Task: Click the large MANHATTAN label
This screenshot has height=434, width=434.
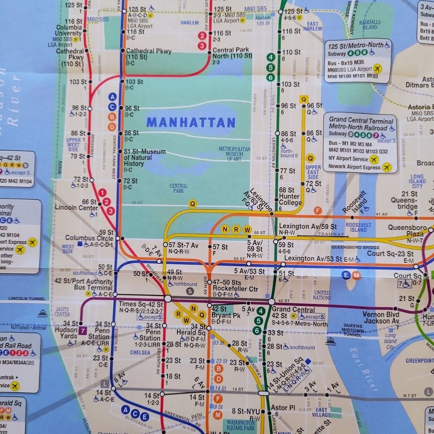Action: pyautogui.click(x=191, y=123)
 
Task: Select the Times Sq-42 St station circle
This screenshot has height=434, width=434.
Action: pyautogui.click(x=168, y=299)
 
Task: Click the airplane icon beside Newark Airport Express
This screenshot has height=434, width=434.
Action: pyautogui.click(x=387, y=168)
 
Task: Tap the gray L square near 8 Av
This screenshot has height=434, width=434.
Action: pyautogui.click(x=105, y=383)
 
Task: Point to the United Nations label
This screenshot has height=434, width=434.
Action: pyautogui.click(x=322, y=295)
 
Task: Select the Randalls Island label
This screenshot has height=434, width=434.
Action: pyautogui.click(x=370, y=25)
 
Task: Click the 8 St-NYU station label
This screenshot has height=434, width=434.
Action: pyautogui.click(x=246, y=411)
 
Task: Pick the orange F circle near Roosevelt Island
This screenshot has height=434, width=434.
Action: pyautogui.click(x=318, y=210)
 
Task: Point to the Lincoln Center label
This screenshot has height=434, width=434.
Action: pyautogui.click(x=76, y=207)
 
